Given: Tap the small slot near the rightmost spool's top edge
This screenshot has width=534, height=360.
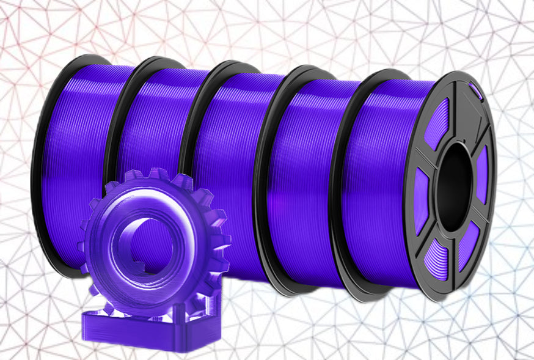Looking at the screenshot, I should tap(476, 92).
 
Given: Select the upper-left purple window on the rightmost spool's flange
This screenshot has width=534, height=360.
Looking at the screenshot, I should tap(438, 123).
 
